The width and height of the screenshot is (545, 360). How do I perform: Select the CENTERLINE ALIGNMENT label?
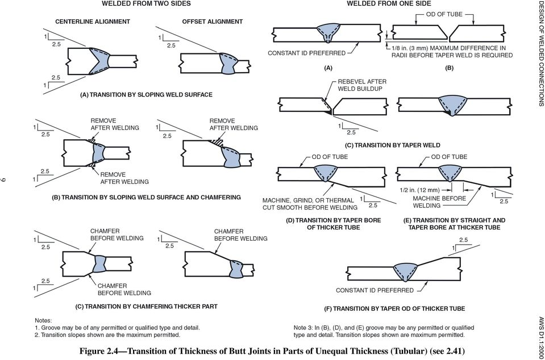click(x=92, y=21)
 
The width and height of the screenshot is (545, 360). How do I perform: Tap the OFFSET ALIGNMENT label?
click(x=212, y=21)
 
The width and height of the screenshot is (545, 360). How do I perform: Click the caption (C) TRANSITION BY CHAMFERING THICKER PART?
click(x=147, y=307)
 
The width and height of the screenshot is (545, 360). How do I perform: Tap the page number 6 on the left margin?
click(x=6, y=180)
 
